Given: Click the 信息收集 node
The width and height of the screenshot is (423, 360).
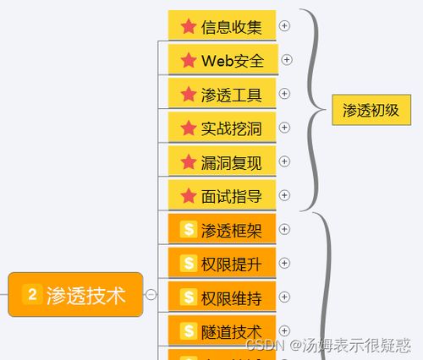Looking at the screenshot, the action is point(222,25).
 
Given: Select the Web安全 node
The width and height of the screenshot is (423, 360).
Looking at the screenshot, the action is point(223,59).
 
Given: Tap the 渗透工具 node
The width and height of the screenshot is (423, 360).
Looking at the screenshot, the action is point(222,93).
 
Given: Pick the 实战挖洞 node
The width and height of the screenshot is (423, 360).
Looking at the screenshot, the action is point(222,128).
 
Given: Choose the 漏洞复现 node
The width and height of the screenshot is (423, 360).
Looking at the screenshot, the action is point(222,161).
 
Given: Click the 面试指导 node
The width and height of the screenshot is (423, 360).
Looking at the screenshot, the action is point(222,195).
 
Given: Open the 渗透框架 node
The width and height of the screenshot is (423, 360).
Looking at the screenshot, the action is point(222,229).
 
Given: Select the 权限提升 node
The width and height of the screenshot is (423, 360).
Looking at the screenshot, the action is point(222,263).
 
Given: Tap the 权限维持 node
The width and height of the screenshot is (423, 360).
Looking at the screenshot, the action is point(222,297).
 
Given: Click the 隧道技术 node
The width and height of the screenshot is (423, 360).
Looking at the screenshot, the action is point(222,330).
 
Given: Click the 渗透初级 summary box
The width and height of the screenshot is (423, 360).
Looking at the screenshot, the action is point(371,110).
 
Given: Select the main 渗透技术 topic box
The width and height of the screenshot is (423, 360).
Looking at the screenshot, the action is point(75,295).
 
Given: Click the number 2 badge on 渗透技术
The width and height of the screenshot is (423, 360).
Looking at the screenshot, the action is point(32,294).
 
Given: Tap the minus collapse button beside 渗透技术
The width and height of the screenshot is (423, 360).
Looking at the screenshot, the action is point(151,295).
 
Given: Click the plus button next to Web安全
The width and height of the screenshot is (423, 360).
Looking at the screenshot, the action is point(287,60).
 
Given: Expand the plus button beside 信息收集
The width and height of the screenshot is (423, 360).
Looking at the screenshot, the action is point(284,25).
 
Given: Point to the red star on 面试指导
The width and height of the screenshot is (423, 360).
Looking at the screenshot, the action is point(189,195).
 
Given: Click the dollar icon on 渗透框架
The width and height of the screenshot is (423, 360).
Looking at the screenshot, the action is point(189,229).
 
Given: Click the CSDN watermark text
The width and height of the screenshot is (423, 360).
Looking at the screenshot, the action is point(328,345).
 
